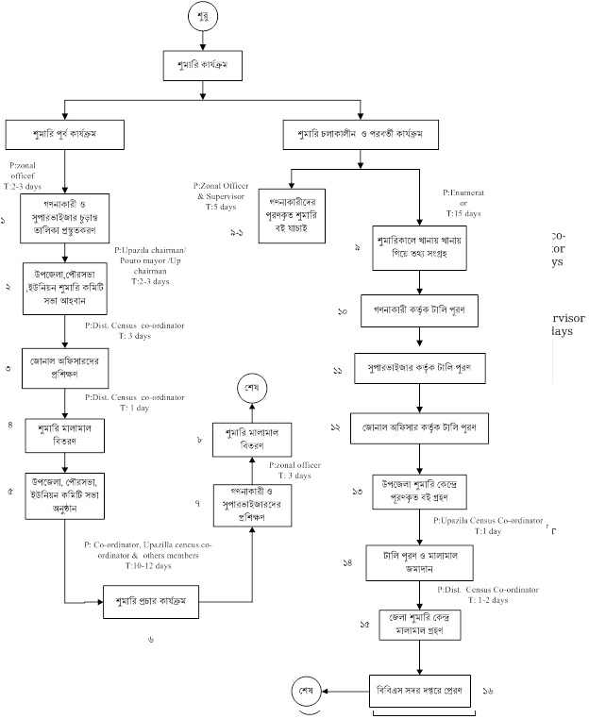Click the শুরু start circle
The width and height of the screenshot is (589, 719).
[x=229, y=18]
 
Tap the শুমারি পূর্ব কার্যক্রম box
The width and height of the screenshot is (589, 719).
[x=63, y=133]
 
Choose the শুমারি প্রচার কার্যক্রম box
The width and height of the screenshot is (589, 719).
[x=151, y=601]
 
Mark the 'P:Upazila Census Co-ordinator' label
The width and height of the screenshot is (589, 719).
[x=488, y=521]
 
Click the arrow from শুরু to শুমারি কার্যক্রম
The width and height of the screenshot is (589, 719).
[x=229, y=42]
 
